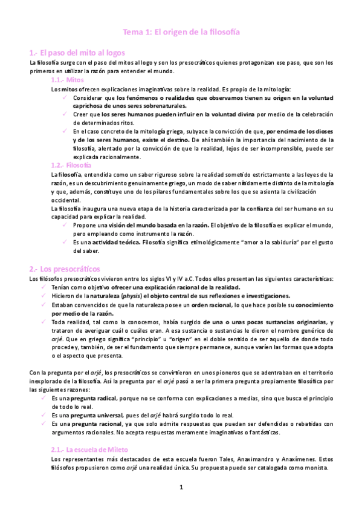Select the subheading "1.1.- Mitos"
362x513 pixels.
(x=68, y=80)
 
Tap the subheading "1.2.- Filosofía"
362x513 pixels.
(x=72, y=165)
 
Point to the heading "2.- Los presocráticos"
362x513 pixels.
(x=65, y=268)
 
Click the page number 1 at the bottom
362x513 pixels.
(x=181, y=486)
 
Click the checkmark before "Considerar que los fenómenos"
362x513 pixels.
(x=65, y=97)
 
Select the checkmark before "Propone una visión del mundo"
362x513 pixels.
(x=65, y=225)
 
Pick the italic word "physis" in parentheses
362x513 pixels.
(x=132, y=296)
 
